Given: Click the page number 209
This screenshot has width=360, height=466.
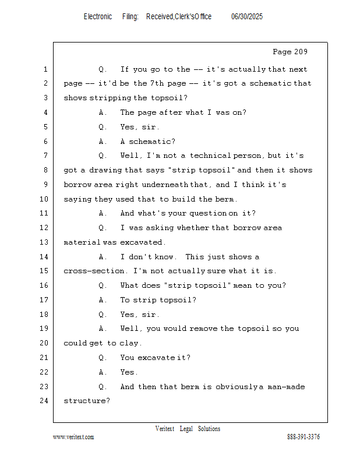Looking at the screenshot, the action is coord(299,52).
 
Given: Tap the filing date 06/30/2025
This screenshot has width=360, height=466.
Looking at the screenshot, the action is coord(247,16).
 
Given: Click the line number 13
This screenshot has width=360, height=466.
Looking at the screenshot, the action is coord(44,242).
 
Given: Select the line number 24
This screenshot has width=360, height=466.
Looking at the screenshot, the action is coord(44,401).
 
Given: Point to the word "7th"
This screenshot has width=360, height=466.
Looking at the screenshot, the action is coord(157,83).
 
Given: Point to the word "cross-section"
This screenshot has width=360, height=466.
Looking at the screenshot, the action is coord(94,271).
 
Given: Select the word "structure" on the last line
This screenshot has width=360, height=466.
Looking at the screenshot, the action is coord(84,401).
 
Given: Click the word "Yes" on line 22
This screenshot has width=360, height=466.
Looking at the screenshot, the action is coord(127,372).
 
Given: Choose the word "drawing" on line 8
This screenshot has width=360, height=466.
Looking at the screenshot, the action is coord(105,170).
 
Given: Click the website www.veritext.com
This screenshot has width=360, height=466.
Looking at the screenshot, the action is coord(73,437).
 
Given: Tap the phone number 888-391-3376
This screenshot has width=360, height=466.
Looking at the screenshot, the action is coord(303,437).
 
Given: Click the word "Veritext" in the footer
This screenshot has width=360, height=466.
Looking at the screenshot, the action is coord(165,429).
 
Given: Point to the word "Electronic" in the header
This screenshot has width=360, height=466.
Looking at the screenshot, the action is coord(98,16).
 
